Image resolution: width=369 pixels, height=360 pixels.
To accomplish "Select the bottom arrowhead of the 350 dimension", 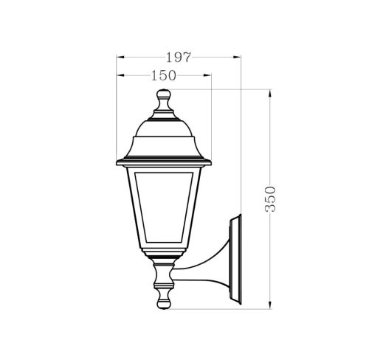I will [270, 303].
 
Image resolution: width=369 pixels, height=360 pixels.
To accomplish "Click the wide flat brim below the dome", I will [164, 159].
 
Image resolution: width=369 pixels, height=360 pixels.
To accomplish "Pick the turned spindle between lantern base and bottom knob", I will [164, 278].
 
